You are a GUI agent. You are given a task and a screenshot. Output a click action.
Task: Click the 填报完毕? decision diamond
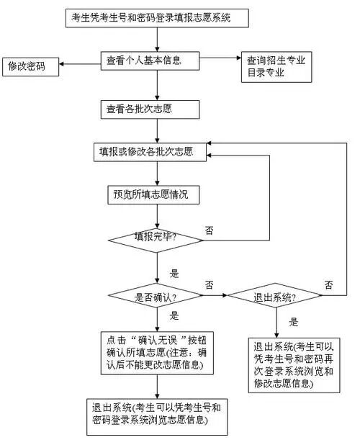pyautogui.click(x=156, y=237)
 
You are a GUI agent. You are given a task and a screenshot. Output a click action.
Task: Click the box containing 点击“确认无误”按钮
pyautogui.click(x=156, y=353)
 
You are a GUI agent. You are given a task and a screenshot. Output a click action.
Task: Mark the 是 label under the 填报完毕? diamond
pyautogui.click(x=174, y=274)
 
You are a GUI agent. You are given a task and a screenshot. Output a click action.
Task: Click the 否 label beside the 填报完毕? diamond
pyautogui.click(x=209, y=230)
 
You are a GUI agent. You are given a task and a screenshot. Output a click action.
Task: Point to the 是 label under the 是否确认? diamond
pyautogui.click(x=174, y=315)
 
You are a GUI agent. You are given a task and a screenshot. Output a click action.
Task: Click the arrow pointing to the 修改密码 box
pyautogui.click(x=79, y=64)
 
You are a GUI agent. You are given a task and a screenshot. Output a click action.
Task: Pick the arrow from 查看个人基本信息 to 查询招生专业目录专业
pyautogui.click(x=219, y=60)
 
